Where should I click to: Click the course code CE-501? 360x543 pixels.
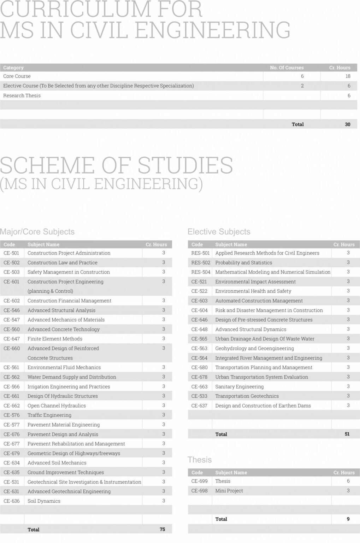click(11, 253)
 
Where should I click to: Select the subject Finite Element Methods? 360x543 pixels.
click(55, 339)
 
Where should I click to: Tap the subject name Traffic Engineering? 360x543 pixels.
click(49, 415)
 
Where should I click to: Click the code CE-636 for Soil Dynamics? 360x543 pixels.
click(11, 501)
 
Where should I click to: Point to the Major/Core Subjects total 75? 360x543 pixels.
click(163, 529)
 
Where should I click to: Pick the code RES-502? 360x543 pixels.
click(201, 263)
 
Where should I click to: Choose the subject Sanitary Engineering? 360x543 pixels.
click(240, 386)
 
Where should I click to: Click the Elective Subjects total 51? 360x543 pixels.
click(347, 434)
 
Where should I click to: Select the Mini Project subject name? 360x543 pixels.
click(229, 491)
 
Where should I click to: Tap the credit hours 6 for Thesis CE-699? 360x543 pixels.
click(348, 481)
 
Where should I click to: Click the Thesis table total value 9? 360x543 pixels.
click(348, 519)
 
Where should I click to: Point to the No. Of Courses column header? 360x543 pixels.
click(287, 68)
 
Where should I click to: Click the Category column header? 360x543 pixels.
click(13, 68)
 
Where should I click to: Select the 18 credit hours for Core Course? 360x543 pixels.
click(348, 76)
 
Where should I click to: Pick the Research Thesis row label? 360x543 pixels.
click(22, 95)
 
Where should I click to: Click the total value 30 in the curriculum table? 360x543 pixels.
click(348, 124)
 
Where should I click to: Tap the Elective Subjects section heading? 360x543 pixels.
click(219, 232)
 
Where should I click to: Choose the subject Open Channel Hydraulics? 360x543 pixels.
click(57, 405)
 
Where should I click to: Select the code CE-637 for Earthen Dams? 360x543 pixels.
click(199, 405)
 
